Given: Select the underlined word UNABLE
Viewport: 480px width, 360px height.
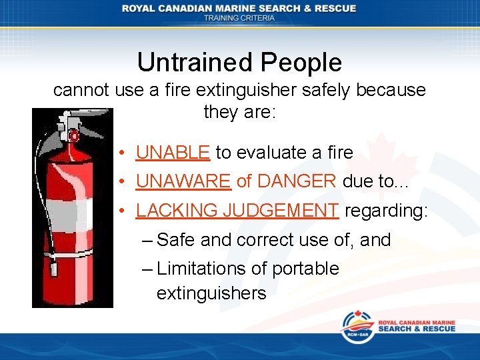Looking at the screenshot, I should pos(173,153).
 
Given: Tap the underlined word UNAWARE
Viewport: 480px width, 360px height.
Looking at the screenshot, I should pos(183,181).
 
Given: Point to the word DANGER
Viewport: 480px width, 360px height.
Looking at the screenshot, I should pos(296,181).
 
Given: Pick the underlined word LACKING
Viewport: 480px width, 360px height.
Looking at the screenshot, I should pos(177,211).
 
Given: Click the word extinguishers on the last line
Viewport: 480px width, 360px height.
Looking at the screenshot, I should pos(211,293).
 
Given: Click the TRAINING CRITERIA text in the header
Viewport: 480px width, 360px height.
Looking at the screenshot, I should pos(239,18).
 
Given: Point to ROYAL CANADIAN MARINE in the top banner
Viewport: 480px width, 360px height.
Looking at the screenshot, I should pos(200,8).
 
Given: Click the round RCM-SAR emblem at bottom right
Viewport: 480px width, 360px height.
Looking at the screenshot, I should pos(358,327).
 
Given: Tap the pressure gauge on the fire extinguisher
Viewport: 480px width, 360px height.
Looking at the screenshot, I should pos(75,136).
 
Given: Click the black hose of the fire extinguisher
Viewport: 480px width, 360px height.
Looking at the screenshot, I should pos(44,193).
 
